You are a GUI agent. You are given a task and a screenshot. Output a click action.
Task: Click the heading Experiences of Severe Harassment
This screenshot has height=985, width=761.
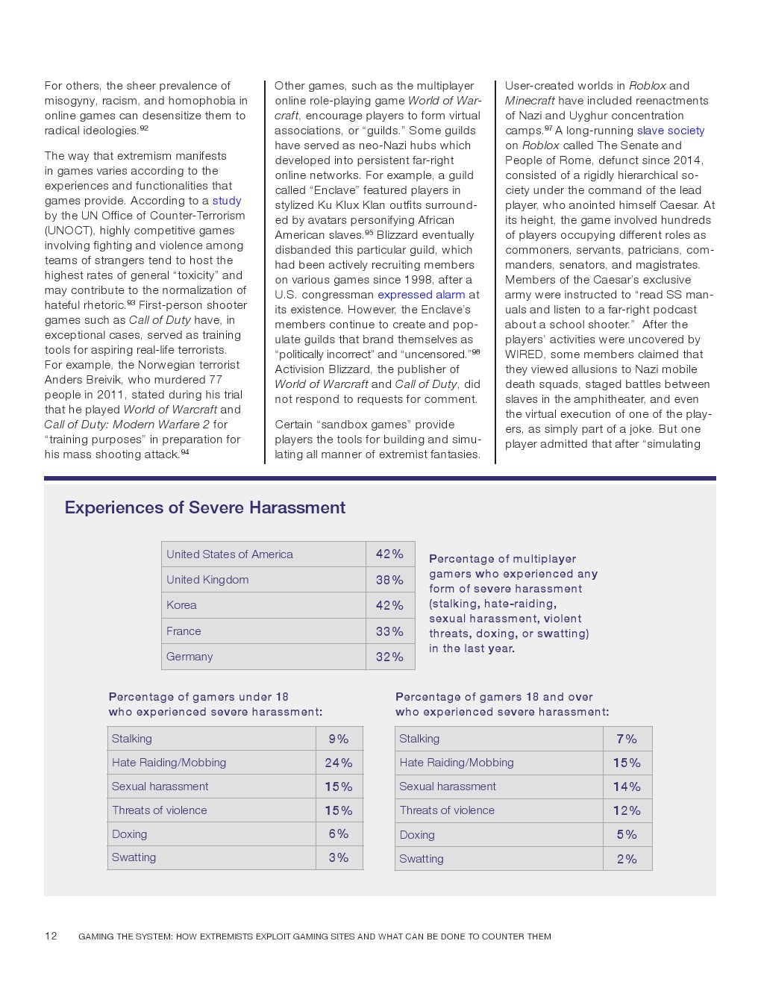[205, 507]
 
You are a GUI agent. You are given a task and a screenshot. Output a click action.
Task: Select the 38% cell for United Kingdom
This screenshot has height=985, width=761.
[389, 580]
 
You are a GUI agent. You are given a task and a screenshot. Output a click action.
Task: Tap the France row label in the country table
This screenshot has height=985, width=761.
[184, 631]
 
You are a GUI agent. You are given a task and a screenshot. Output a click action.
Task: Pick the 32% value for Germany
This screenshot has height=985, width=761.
[389, 657]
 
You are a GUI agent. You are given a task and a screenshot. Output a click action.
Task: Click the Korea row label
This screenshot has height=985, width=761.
[181, 605]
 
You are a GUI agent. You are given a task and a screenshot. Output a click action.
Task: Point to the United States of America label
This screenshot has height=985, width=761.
[230, 554]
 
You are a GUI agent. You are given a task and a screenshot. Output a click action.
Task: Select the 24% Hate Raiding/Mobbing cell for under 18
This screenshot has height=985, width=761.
[339, 763]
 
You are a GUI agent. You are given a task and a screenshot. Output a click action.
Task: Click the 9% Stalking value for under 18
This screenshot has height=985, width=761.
[339, 739]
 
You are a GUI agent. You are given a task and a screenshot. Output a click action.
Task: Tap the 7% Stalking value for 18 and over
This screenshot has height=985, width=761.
[627, 739]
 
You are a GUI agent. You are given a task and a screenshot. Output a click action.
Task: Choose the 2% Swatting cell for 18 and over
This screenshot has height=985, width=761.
[627, 859]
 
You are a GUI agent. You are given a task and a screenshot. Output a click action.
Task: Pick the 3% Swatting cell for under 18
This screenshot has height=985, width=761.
[339, 857]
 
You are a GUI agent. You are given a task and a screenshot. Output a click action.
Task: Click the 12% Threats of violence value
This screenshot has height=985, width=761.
[627, 810]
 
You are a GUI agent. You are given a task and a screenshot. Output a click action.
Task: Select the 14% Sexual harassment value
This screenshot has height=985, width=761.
[627, 787]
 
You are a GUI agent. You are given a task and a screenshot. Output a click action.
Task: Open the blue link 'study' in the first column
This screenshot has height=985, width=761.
[227, 201]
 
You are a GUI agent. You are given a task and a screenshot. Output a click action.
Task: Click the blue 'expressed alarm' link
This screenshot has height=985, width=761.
[422, 295]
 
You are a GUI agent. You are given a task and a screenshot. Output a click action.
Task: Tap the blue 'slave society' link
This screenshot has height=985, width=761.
[670, 131]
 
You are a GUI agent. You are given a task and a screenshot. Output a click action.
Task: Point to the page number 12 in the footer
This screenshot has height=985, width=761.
[51, 936]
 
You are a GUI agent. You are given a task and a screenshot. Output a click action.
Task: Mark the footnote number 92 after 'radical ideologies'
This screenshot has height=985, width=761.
[144, 128]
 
